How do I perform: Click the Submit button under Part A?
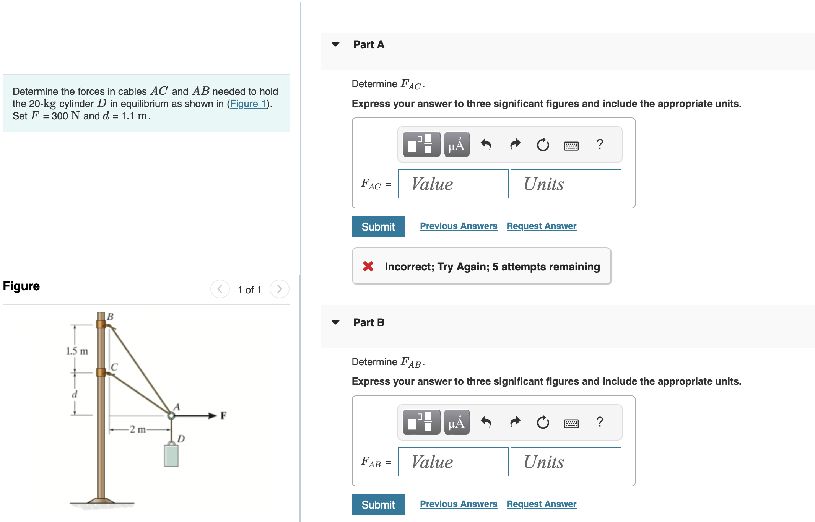[x=378, y=227]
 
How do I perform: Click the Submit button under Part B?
[x=378, y=504]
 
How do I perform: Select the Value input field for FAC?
[x=453, y=184]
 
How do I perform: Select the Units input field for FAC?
[x=566, y=184]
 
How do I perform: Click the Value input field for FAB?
[x=453, y=462]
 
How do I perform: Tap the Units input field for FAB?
[x=566, y=462]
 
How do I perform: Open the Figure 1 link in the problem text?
[x=248, y=104]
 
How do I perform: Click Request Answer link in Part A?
[x=541, y=226]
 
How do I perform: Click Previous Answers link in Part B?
[x=458, y=504]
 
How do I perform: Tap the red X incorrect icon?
[x=368, y=266]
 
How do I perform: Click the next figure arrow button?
[x=279, y=289]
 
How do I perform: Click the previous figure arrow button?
[x=220, y=289]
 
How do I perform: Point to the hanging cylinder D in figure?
[x=171, y=455]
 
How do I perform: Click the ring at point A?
[x=171, y=416]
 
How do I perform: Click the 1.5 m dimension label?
[x=77, y=351]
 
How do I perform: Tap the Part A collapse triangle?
[x=335, y=44]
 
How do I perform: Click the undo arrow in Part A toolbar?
[x=486, y=145]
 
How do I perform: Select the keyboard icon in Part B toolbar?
[x=571, y=423]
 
